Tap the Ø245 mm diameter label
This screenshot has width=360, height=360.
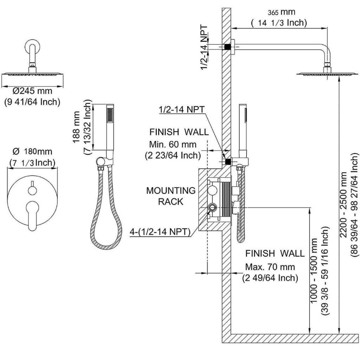click(32, 91)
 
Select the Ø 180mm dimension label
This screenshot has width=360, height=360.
click(32, 152)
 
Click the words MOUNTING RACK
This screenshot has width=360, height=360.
click(171, 196)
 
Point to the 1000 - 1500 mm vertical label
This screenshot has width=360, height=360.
click(314, 267)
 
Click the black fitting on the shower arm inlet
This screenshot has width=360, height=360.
click(227, 46)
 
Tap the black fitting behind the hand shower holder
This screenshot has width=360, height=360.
click(227, 162)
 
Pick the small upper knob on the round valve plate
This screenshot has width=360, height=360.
click(32, 190)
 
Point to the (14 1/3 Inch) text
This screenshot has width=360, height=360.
click(279, 23)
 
